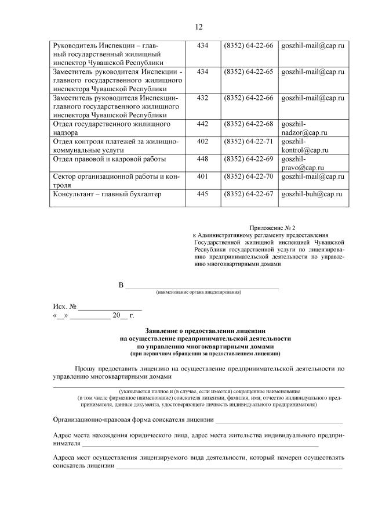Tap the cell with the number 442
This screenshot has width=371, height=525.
coord(203,124)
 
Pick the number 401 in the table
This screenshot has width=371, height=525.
coord(203,176)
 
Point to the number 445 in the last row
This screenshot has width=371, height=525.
coord(203,194)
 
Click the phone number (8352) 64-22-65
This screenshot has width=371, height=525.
coord(248,71)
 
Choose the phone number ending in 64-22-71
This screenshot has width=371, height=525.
coord(248,141)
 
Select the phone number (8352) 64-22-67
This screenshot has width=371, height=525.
coord(248,194)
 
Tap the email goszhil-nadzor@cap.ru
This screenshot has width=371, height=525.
coord(304,128)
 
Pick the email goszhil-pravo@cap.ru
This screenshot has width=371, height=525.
coord(302,163)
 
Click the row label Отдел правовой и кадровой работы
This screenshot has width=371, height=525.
coord(109,159)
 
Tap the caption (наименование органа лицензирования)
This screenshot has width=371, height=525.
coord(198,292)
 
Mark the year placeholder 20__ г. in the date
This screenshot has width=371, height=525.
coord(123,315)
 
